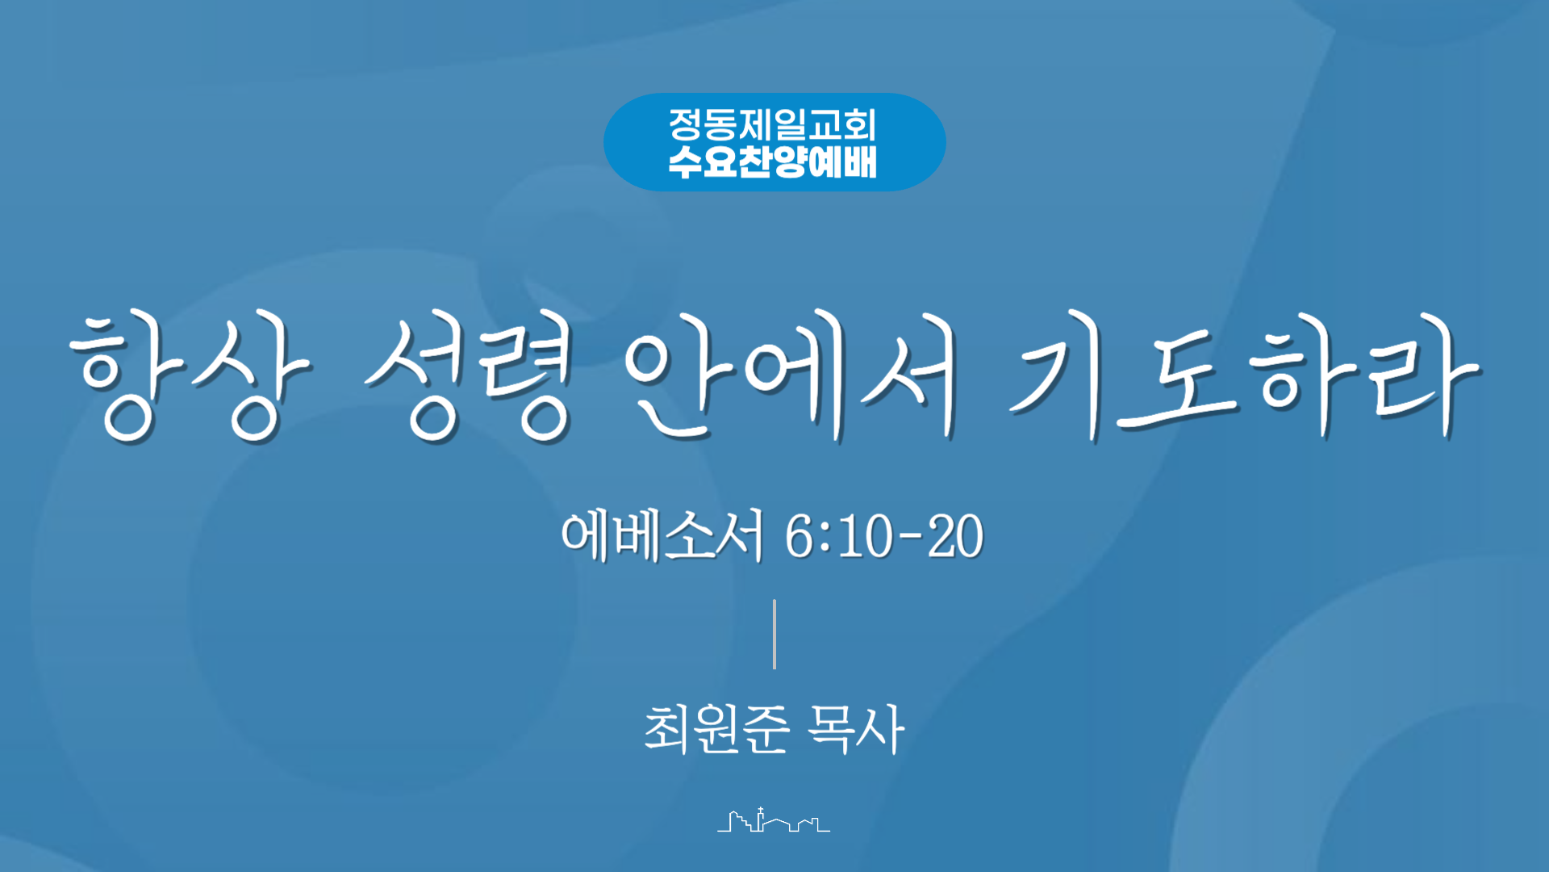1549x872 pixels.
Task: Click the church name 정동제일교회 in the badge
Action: (x=772, y=124)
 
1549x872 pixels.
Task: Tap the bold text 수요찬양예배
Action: (x=772, y=161)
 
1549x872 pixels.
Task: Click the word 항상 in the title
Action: (x=190, y=378)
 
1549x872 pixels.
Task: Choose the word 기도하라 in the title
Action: (x=1245, y=376)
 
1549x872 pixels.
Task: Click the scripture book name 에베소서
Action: (x=662, y=535)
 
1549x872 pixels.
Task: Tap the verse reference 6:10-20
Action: (x=884, y=536)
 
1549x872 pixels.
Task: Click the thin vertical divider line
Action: (x=774, y=634)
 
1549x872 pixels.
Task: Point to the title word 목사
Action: (x=856, y=728)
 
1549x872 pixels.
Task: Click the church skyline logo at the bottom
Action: (x=774, y=820)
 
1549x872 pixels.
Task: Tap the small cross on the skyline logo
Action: (x=760, y=810)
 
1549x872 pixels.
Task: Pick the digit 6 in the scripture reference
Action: (x=799, y=536)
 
